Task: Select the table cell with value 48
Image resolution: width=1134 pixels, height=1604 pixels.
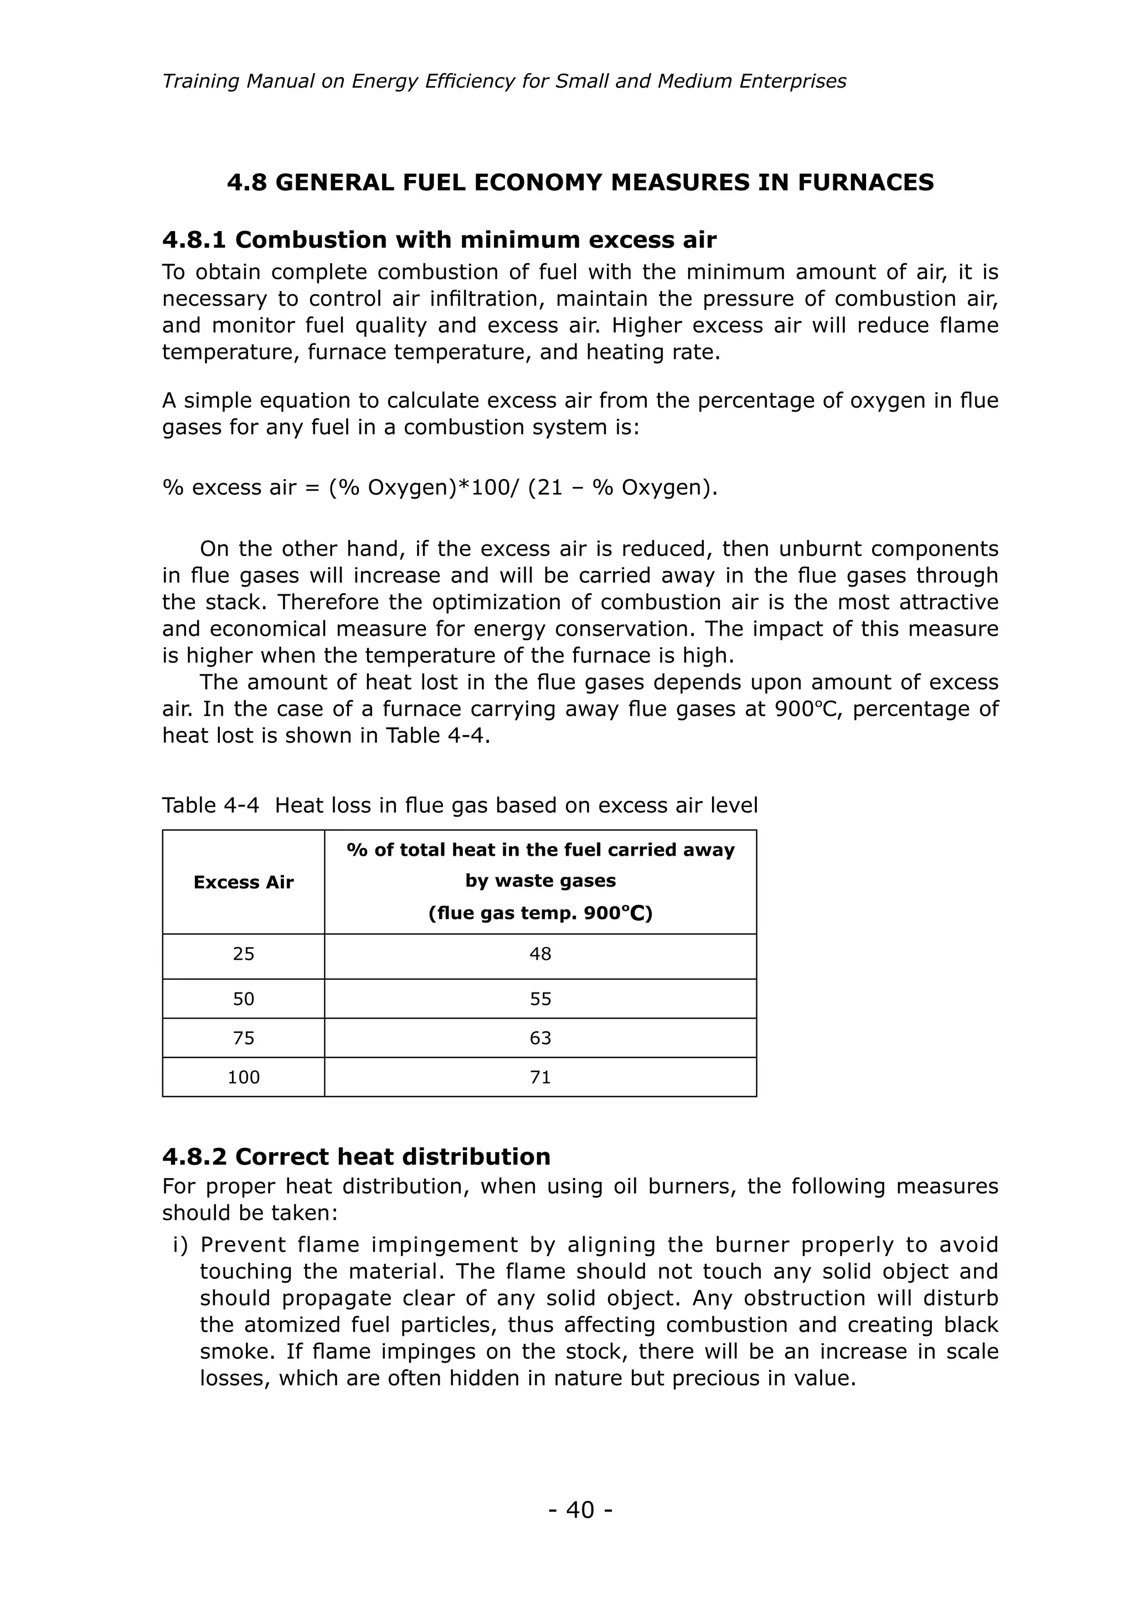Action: click(x=540, y=954)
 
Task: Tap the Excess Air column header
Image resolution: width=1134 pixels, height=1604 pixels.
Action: click(x=243, y=882)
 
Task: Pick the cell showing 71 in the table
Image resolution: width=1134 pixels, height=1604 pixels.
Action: click(x=540, y=1077)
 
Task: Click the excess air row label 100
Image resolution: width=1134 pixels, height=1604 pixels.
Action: click(x=243, y=1077)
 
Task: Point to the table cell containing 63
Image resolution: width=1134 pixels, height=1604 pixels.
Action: click(x=540, y=1038)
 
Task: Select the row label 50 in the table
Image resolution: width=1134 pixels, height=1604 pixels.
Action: click(x=243, y=999)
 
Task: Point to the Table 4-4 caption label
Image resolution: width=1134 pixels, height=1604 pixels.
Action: click(x=210, y=805)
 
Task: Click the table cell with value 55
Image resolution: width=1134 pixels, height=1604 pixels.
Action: click(x=540, y=999)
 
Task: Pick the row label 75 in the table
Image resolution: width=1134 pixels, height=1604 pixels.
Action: click(x=243, y=1038)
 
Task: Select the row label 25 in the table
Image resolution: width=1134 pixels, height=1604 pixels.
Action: click(x=243, y=954)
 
